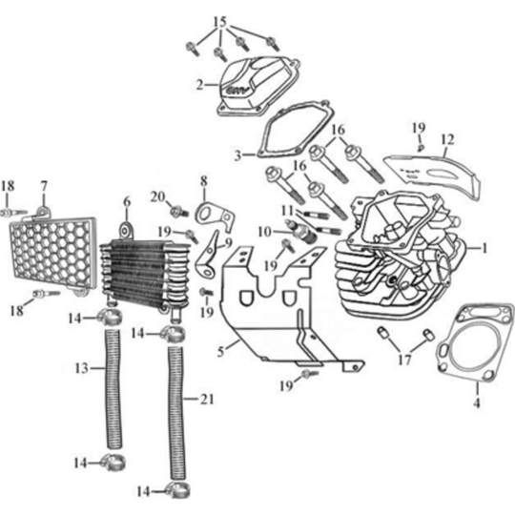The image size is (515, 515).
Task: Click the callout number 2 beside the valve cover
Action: [x=199, y=85]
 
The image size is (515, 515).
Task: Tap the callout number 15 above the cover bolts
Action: [x=220, y=21]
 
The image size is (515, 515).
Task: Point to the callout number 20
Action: [x=155, y=196]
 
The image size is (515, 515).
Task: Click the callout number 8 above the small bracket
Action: [x=203, y=179]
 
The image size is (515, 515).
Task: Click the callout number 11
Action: [x=286, y=209]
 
